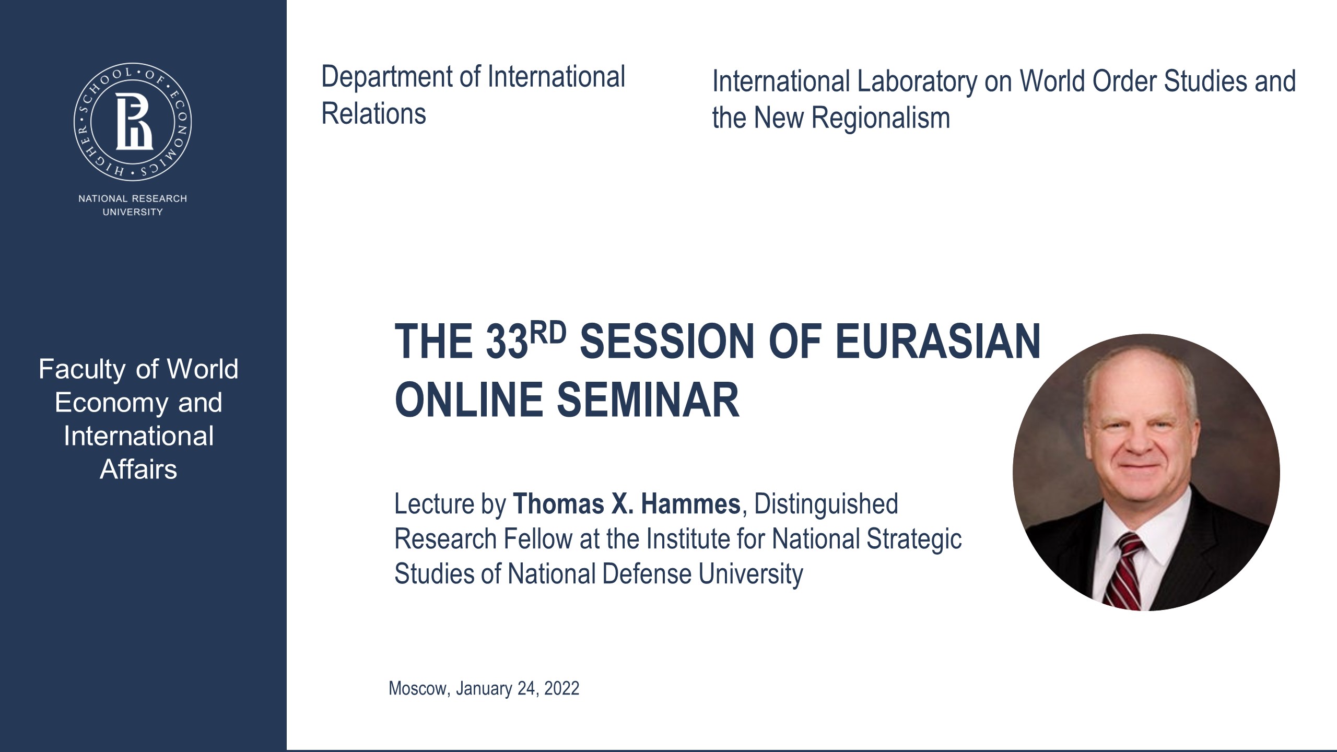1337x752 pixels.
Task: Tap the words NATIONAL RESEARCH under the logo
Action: [x=133, y=198]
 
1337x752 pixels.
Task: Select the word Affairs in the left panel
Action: [x=138, y=469]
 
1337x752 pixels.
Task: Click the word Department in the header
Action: [x=387, y=77]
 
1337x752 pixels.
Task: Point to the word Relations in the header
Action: [x=373, y=114]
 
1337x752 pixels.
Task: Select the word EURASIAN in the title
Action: [x=937, y=342]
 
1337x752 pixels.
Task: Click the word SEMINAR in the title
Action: [x=648, y=401]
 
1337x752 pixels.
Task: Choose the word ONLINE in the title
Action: [x=468, y=401]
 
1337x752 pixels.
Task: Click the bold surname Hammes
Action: [x=690, y=504]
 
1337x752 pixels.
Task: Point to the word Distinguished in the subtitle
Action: [x=826, y=504]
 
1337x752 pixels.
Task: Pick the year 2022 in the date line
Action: [x=561, y=689]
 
